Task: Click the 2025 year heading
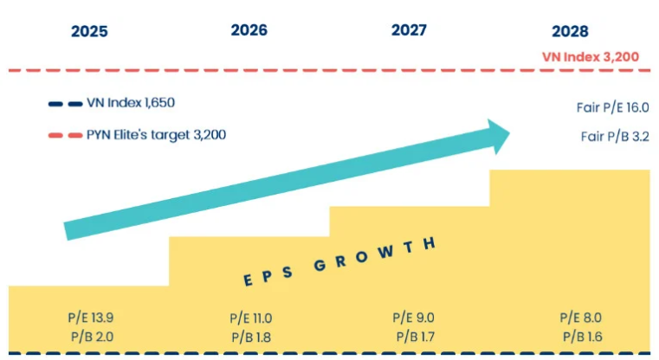(89, 31)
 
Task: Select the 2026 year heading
(249, 30)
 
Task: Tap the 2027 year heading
(409, 30)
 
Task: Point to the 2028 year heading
(570, 31)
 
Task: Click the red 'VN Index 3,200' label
(590, 56)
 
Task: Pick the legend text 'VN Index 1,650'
(131, 103)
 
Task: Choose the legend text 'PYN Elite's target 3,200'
(158, 134)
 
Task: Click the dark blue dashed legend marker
(65, 104)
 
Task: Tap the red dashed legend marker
(65, 135)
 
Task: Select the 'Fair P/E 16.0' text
(612, 108)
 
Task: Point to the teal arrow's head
(497, 135)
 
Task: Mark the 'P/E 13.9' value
(90, 318)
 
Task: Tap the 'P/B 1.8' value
(251, 337)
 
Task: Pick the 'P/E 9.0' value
(413, 318)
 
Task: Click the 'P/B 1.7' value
(413, 336)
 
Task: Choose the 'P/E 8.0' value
(580, 318)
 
